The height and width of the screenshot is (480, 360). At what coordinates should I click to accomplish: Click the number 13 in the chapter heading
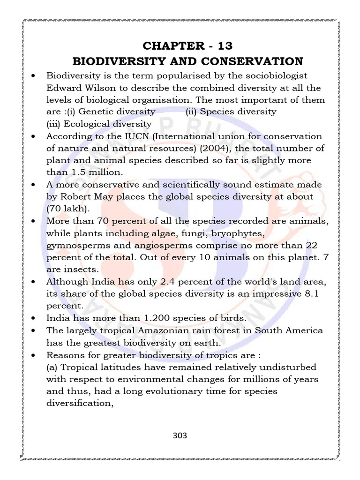(223, 46)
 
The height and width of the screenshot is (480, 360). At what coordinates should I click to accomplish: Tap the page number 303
(180, 435)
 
